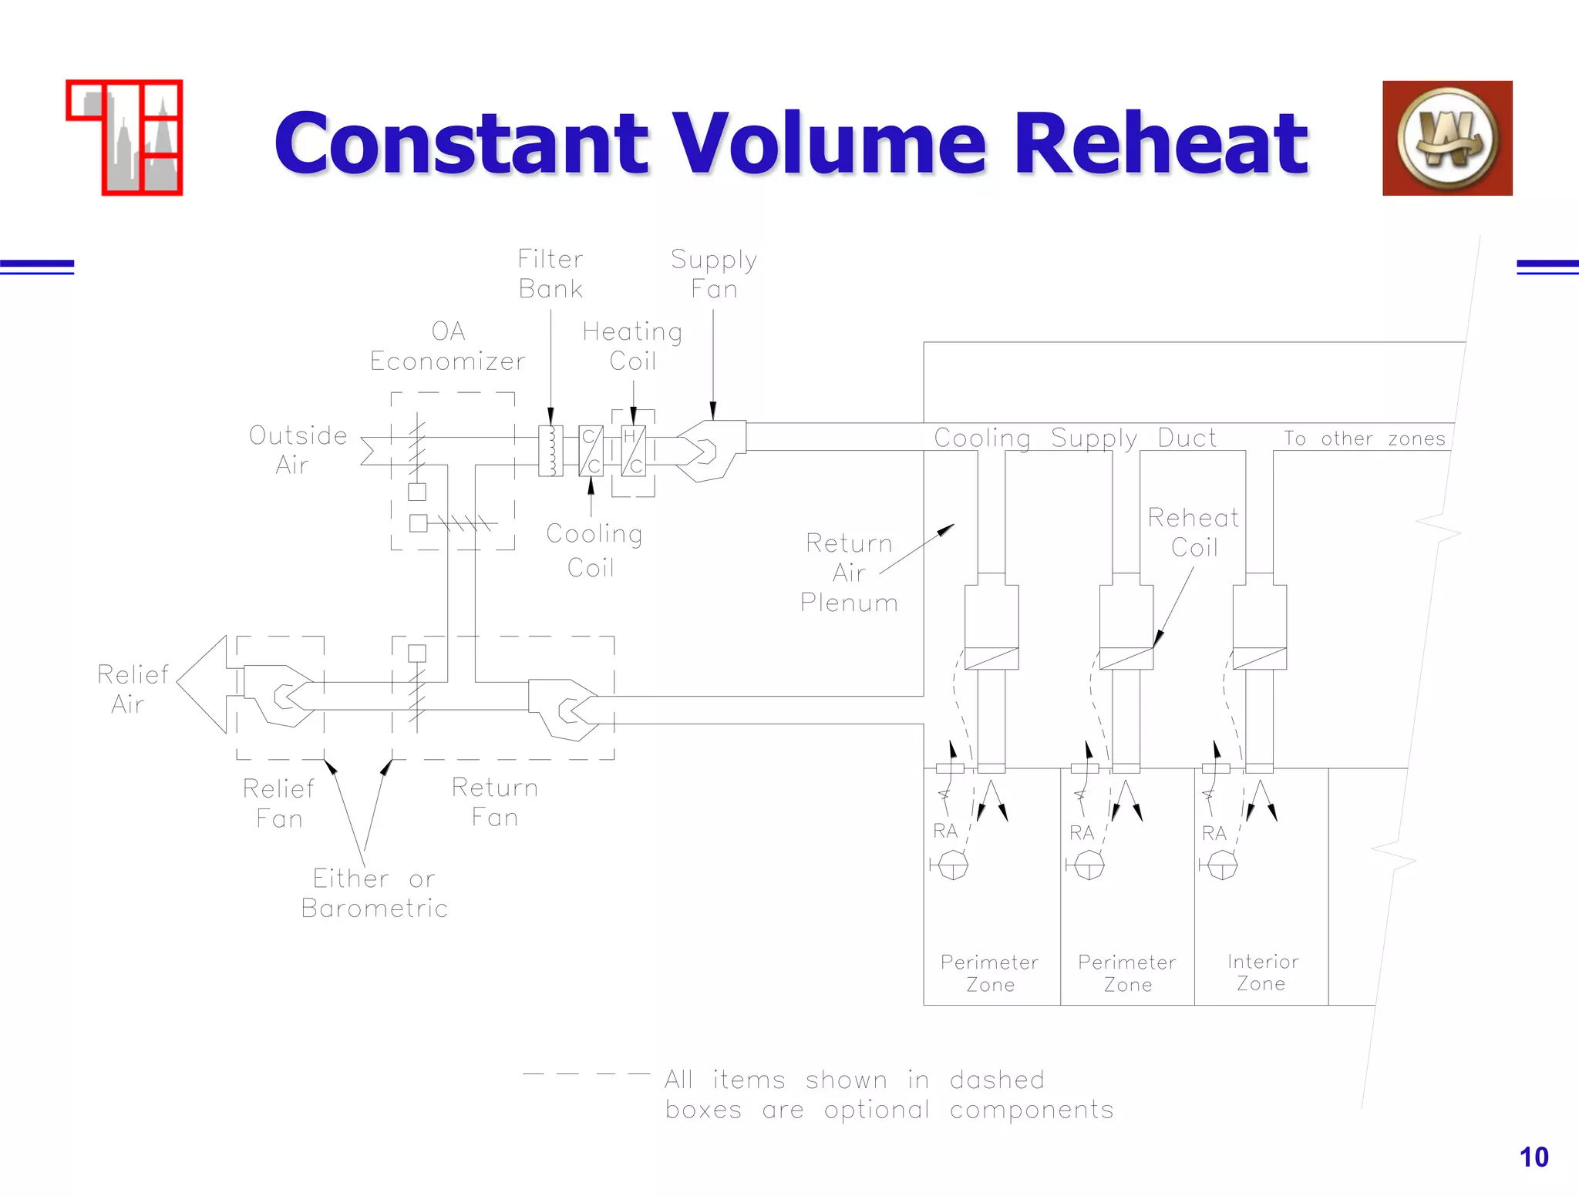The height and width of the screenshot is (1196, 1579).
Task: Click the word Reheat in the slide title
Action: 1160,144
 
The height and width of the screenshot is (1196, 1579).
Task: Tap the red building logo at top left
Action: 125,138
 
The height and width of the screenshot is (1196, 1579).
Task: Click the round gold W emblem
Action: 1447,139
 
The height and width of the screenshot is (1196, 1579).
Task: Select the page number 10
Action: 1533,1157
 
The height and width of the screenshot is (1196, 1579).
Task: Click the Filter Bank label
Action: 550,274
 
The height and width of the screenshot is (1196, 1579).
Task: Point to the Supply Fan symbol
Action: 711,451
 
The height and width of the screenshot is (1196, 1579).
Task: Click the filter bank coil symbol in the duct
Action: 550,451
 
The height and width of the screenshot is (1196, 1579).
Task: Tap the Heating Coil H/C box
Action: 634,451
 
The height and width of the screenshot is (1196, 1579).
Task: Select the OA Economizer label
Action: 448,346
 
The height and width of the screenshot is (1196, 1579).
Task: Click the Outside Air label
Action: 298,450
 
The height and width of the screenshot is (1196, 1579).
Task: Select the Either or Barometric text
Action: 375,893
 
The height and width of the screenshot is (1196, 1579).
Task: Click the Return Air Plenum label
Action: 849,573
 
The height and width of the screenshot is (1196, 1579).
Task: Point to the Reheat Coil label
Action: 1194,532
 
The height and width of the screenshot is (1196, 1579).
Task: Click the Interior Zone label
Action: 1262,973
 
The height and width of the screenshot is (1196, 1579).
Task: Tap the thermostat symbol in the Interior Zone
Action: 1221,865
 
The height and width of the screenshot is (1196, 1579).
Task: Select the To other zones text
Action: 1364,438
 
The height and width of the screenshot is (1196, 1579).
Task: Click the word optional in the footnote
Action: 877,1110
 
